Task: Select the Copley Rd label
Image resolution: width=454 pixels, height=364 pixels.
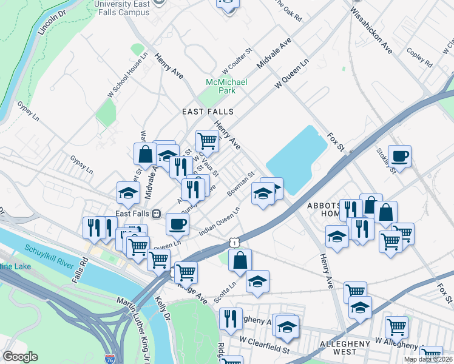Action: pyautogui.click(x=419, y=58)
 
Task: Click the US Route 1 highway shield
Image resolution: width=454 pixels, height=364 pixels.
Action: pyautogui.click(x=234, y=242)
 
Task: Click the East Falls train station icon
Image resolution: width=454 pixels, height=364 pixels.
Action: pyautogui.click(x=156, y=214)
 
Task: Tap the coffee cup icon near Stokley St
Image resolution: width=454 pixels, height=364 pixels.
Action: pyautogui.click(x=399, y=156)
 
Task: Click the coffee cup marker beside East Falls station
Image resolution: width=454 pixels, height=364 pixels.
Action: pyautogui.click(x=177, y=223)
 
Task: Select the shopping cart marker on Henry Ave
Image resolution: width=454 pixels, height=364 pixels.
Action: pyautogui.click(x=207, y=141)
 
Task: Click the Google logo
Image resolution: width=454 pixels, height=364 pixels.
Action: pyautogui.click(x=20, y=357)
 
